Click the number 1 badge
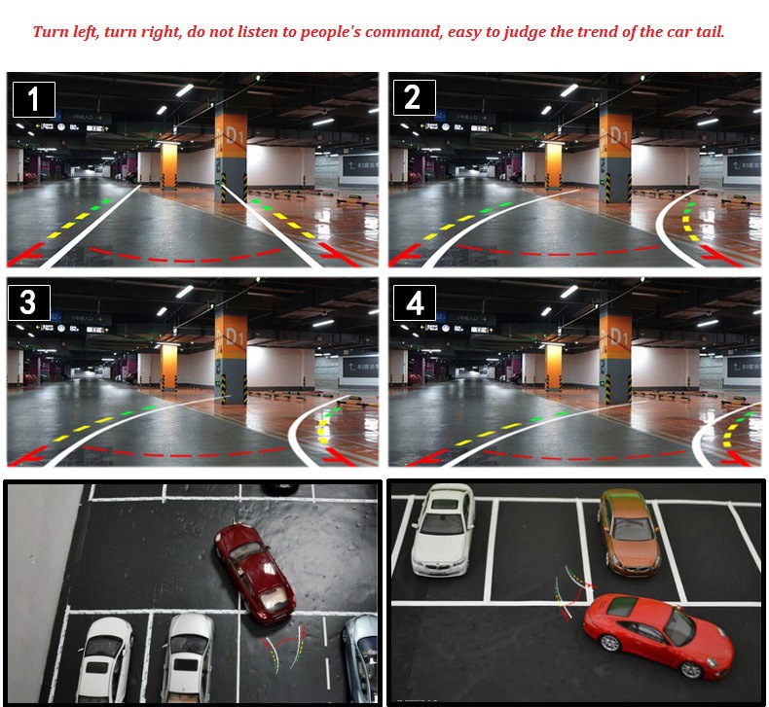(33, 99)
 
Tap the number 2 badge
(413, 98)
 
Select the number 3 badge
(28, 301)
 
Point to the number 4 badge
(415, 302)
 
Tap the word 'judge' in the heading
(524, 32)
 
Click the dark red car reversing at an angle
(255, 573)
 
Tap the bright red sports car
(658, 634)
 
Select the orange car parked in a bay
(627, 530)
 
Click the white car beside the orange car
(443, 528)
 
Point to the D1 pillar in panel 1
(231, 146)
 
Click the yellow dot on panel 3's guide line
(321, 441)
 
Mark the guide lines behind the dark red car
(287, 645)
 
